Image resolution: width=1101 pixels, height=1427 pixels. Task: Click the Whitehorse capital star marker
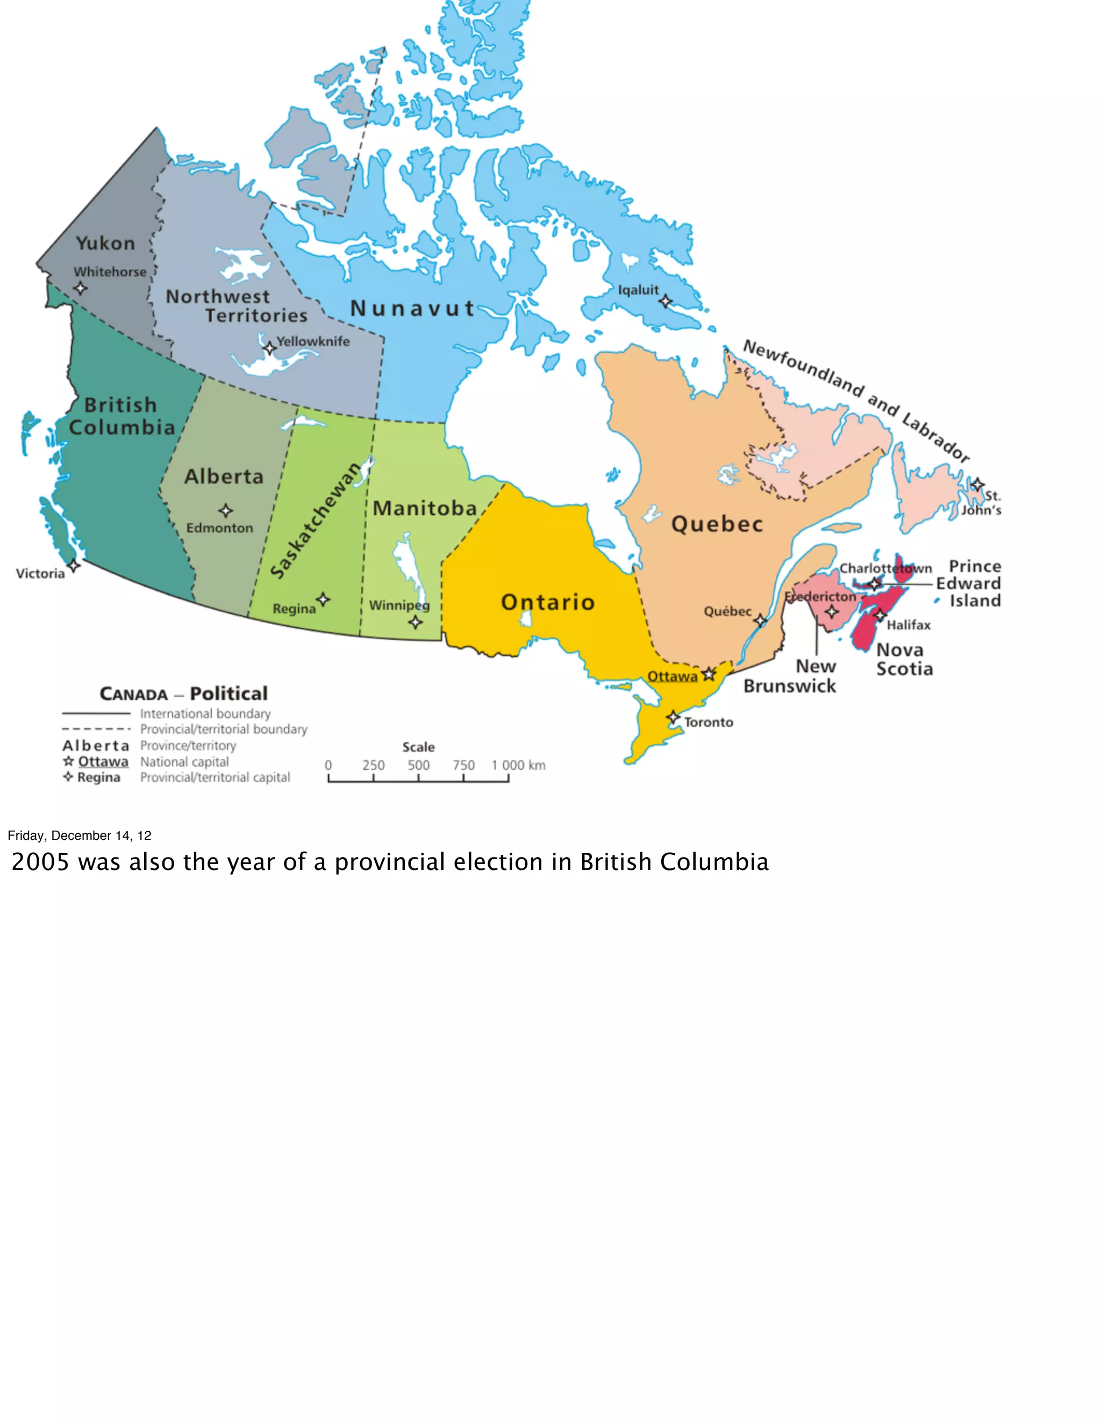click(80, 288)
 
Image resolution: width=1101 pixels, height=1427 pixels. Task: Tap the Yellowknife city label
click(313, 341)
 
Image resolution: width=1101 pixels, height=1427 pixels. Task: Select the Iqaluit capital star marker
click(665, 301)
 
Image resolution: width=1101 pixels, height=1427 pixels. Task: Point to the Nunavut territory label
click(412, 309)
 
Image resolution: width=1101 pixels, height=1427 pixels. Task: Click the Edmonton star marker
click(225, 510)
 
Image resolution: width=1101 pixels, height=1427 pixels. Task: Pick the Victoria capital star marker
click(74, 565)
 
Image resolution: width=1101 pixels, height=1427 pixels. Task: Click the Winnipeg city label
click(399, 605)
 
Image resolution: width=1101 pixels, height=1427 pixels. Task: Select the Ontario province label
click(548, 602)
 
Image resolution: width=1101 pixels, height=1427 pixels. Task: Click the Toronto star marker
click(673, 717)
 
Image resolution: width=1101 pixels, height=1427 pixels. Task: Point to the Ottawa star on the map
click(709, 674)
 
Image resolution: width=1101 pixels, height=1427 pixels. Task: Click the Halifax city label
click(908, 625)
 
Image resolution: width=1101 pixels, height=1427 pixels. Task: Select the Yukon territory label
click(105, 243)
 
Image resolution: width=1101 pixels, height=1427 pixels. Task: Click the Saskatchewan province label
click(316, 521)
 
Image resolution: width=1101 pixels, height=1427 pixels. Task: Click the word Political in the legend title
click(228, 694)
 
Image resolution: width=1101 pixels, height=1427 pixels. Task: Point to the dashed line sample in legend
click(97, 729)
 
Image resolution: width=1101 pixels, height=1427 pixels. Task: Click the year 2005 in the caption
click(40, 862)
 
